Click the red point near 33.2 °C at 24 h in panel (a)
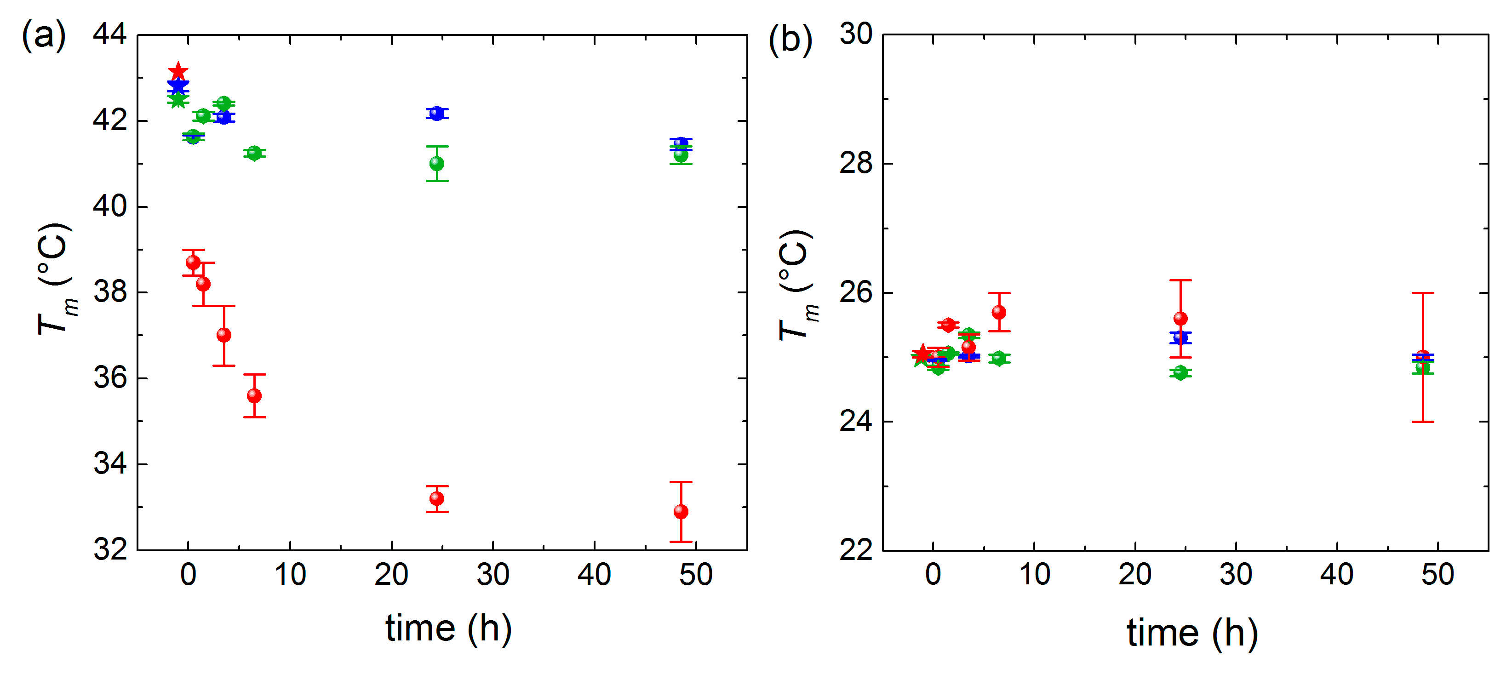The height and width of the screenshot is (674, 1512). (437, 499)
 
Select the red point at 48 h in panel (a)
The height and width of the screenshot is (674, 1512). (681, 512)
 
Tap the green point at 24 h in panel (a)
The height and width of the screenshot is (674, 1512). (437, 164)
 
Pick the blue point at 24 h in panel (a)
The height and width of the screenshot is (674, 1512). (437, 113)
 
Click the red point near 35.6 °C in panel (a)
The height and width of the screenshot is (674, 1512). (254, 396)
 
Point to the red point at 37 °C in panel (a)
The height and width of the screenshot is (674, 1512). (223, 335)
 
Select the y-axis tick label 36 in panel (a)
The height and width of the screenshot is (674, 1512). (110, 378)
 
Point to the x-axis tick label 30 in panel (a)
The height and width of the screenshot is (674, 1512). (493, 575)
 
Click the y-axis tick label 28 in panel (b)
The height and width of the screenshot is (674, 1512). (856, 163)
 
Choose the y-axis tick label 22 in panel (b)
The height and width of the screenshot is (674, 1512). (856, 550)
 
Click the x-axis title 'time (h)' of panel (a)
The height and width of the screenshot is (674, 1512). (448, 629)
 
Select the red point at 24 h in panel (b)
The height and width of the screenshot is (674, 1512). (1180, 319)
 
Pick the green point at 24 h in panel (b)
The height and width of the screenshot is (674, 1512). (1180, 372)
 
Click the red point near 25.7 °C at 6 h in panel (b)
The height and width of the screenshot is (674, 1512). (999, 312)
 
